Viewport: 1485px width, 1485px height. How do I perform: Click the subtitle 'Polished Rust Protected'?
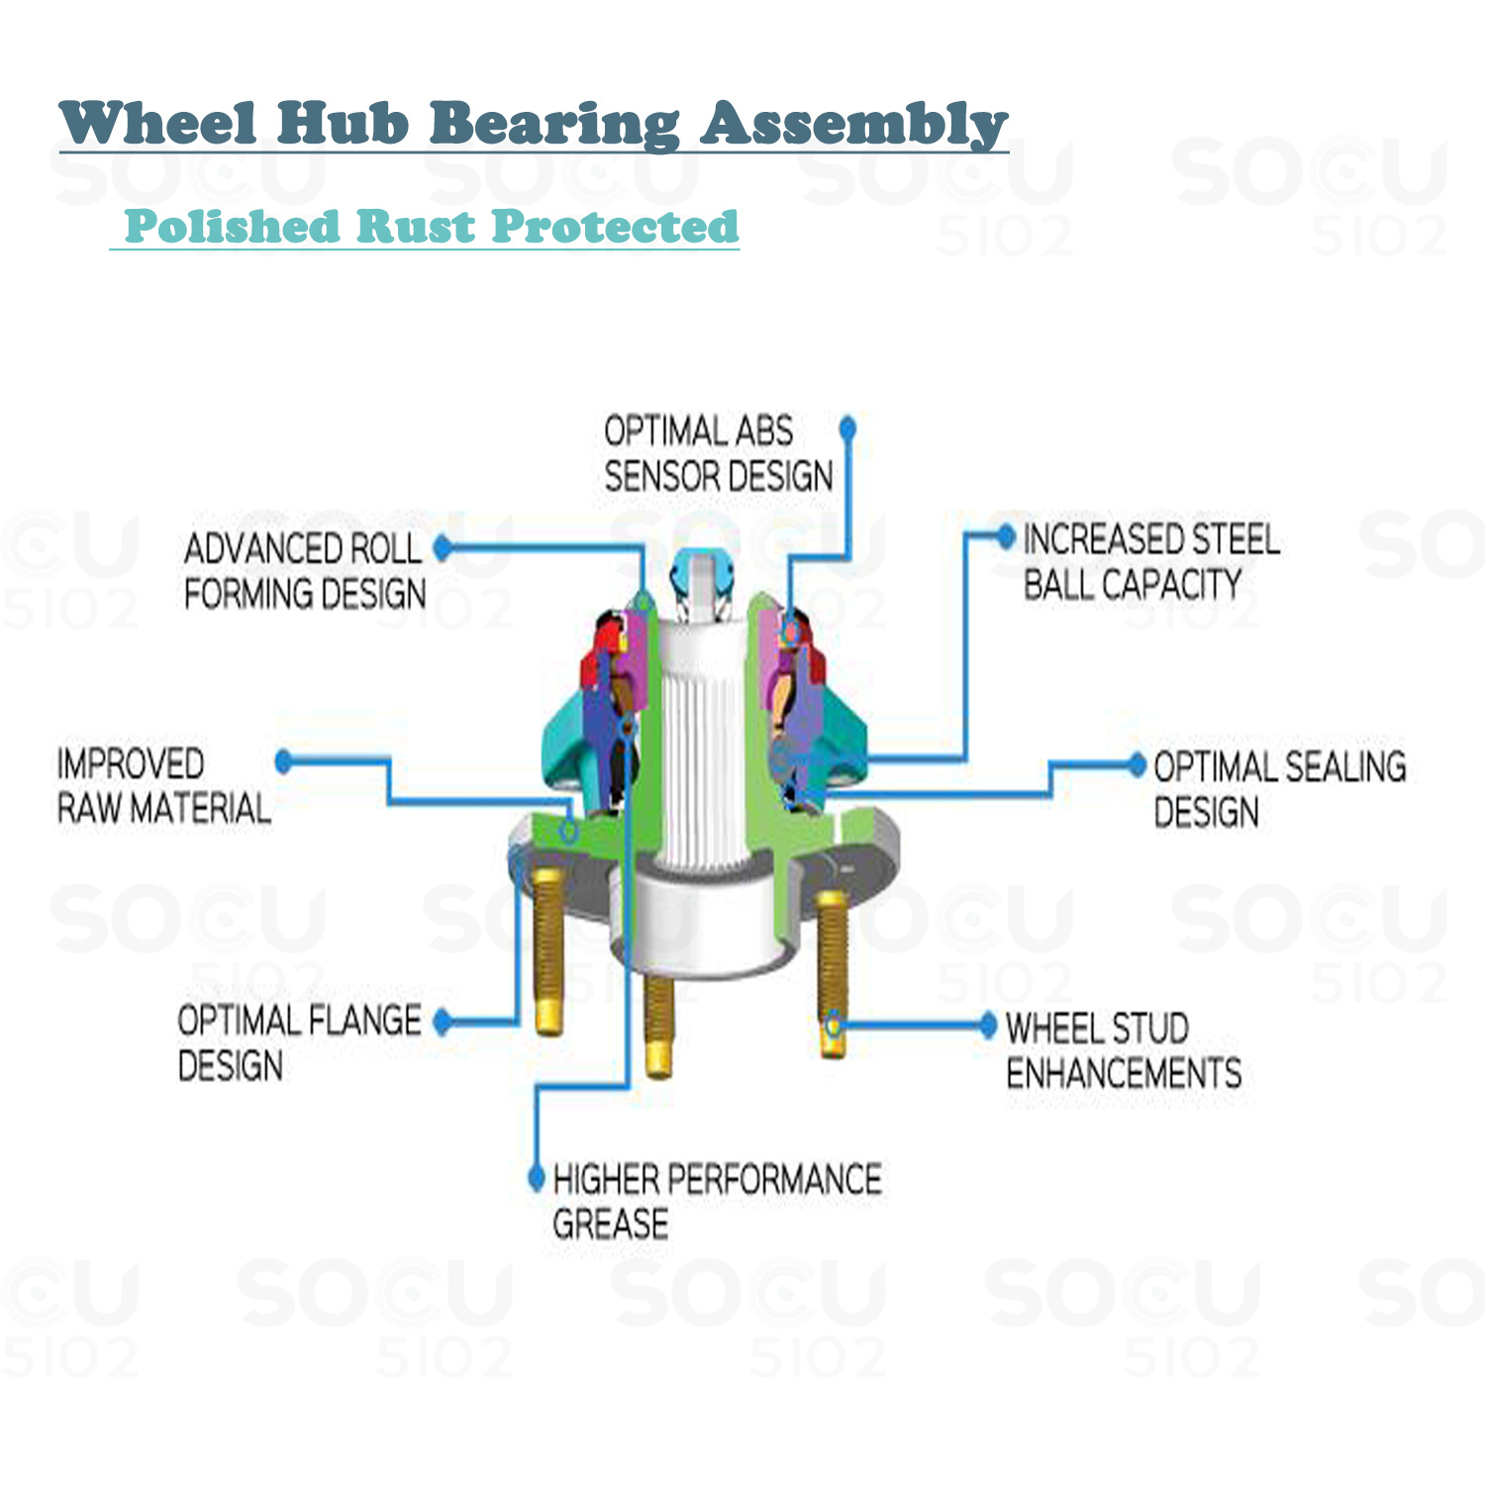431,227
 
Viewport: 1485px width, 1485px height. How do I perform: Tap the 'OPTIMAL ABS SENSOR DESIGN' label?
718,453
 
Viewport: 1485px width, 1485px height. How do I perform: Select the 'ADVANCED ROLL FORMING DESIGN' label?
304,571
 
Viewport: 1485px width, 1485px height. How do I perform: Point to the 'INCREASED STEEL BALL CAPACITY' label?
1150,561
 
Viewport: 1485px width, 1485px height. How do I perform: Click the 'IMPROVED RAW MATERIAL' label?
163,786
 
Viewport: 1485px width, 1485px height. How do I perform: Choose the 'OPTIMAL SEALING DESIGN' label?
1278,789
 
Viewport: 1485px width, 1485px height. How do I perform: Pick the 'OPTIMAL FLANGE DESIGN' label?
299,1042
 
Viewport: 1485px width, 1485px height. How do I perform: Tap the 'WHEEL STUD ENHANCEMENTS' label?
1123,1050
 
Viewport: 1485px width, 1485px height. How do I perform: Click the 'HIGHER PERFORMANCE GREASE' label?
716,1201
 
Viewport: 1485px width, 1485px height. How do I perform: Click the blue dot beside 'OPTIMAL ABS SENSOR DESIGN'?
847,428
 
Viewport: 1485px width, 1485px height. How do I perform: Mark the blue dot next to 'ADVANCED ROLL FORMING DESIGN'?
443,547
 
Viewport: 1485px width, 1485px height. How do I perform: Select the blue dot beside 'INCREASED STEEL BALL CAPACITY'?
1006,538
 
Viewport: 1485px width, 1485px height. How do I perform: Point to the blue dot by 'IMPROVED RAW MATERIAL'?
284,760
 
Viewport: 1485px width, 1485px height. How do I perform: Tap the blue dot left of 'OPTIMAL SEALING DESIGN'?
1138,764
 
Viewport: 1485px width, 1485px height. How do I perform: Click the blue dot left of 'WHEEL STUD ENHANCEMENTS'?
987,1026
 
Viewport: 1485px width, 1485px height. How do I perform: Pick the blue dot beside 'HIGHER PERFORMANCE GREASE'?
537,1177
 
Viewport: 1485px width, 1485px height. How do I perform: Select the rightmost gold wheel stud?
834,970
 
